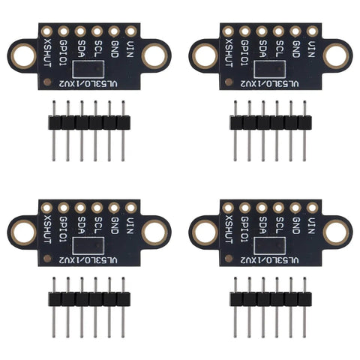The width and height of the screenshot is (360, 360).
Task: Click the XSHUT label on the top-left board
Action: (47, 52)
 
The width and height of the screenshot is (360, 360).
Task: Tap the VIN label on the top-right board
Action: (311, 49)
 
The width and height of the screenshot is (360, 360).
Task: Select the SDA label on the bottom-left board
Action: (80, 225)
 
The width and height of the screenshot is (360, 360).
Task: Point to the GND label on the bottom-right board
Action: (296, 226)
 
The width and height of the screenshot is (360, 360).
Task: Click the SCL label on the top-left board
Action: (97, 49)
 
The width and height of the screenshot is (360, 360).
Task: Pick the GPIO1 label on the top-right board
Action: (244, 52)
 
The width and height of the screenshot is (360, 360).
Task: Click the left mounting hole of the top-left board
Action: (24, 56)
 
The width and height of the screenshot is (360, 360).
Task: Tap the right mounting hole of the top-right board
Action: (336, 56)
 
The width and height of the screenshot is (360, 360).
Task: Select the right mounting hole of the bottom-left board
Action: (154, 232)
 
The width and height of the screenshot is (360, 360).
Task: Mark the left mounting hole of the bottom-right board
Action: (205, 232)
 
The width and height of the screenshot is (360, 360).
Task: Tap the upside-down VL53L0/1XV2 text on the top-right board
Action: (270, 84)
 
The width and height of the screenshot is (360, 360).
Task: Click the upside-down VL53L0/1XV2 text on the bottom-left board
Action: (88, 260)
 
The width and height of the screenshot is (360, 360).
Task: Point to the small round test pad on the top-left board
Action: (47, 82)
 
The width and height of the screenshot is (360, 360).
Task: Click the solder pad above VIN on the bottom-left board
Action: (130, 208)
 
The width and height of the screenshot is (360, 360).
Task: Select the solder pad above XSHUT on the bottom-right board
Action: (228, 208)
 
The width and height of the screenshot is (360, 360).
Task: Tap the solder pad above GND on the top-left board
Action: (114, 31)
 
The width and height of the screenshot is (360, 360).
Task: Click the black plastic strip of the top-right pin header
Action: (271, 123)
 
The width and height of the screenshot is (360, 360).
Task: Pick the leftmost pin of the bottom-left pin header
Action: (54, 307)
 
